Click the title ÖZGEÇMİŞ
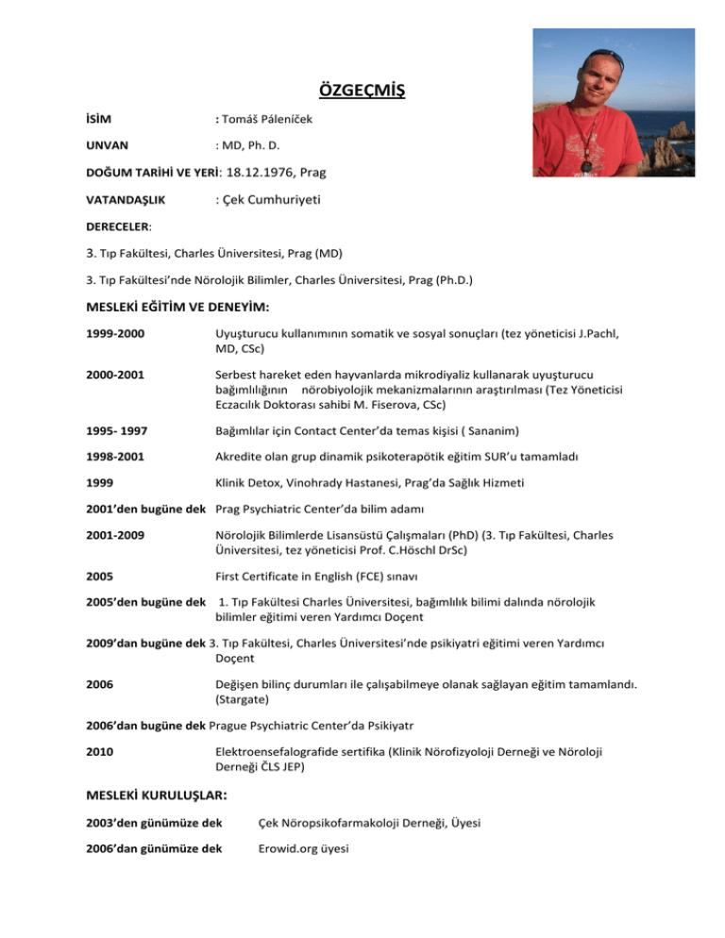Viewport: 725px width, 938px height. (x=362, y=92)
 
